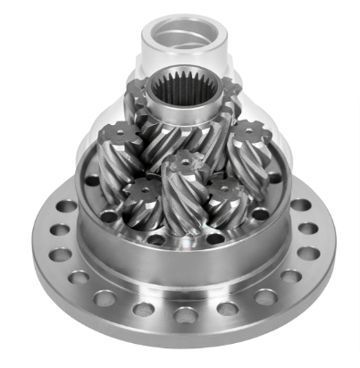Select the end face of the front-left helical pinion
tap(142, 192)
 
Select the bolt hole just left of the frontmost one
tap(144, 309)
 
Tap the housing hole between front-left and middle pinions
tap(161, 239)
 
